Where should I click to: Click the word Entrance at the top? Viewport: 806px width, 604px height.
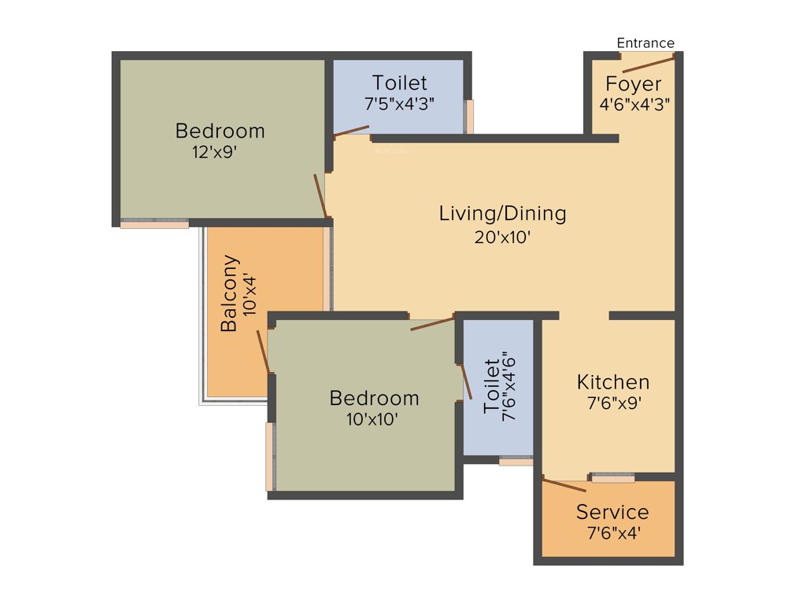coord(645,43)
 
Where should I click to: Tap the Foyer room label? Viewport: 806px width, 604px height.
coord(634,84)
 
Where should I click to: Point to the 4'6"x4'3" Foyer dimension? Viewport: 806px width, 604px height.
coord(634,103)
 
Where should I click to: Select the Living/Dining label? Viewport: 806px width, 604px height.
coord(502,213)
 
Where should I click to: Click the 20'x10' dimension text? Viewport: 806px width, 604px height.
coord(503,236)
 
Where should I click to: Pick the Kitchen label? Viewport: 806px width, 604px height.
coord(613,382)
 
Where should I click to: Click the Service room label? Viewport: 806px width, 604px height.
coord(612,512)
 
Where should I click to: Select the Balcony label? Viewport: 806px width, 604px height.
coord(229,293)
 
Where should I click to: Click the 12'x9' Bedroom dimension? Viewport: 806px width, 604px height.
coord(214,153)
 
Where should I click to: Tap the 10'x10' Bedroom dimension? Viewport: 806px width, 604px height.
coord(372,419)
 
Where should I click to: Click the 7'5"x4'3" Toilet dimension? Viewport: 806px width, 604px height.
coord(400,103)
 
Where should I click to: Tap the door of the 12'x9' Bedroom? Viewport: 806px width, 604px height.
coord(320,196)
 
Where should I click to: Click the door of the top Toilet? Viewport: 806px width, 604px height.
coord(351,131)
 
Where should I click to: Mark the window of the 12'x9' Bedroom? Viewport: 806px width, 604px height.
coord(154,223)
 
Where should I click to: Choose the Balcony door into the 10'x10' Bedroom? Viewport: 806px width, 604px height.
coord(264,352)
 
